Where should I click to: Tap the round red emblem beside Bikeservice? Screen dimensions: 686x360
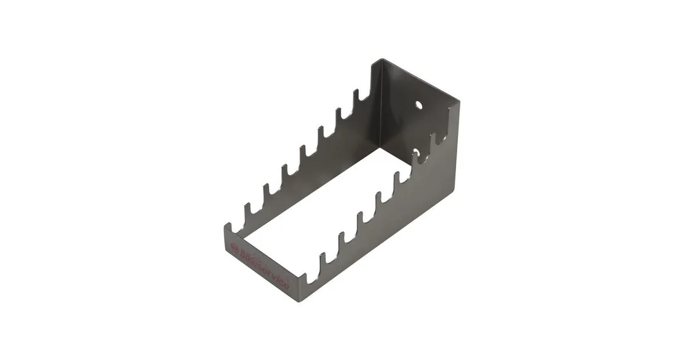234,248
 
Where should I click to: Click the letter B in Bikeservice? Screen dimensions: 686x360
242,253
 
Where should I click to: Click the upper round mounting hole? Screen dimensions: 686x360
419,105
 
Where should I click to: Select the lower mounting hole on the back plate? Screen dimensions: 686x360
416,153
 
